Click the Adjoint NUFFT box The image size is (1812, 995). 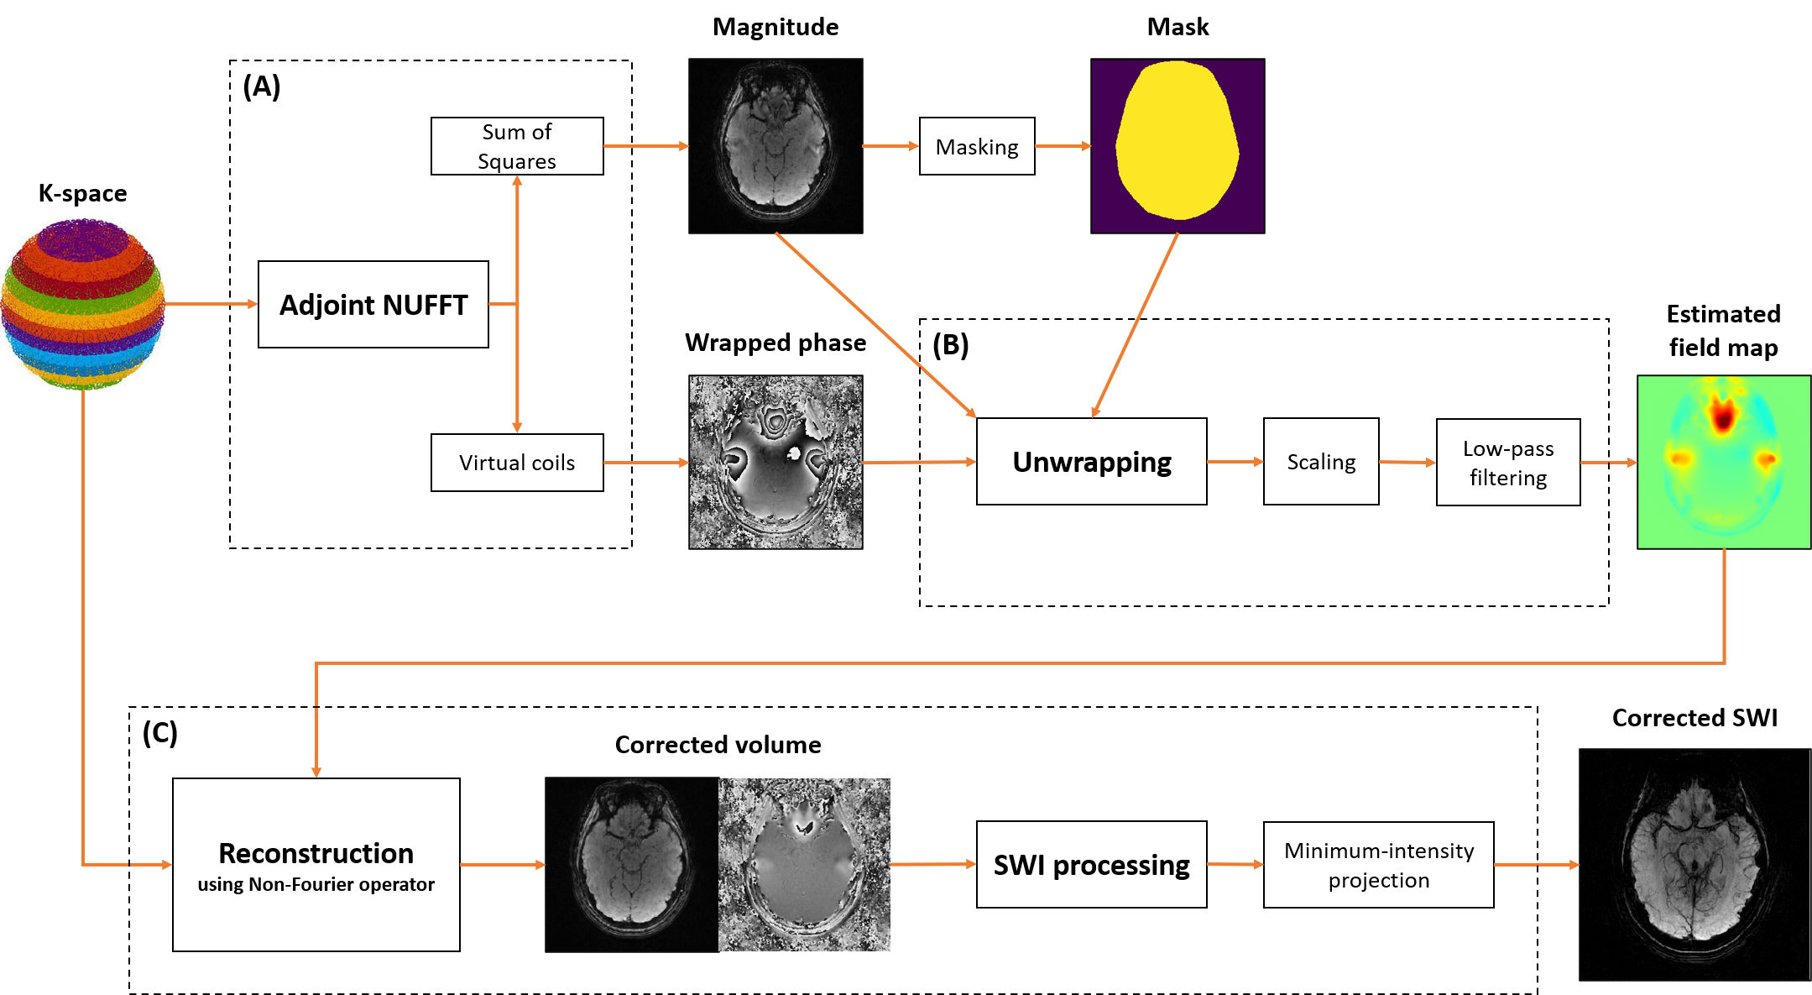click(373, 304)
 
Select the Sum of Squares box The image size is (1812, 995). click(517, 146)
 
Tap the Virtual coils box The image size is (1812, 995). click(517, 463)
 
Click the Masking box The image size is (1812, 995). click(977, 147)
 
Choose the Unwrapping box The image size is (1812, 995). click(1091, 462)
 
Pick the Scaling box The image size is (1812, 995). click(1321, 462)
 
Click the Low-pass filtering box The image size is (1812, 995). click(1508, 463)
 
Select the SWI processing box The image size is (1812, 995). click(1091, 865)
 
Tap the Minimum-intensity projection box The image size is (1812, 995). click(1378, 865)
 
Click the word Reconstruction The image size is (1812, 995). click(316, 853)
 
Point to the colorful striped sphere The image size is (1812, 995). click(82, 304)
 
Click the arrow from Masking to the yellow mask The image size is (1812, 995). click(1063, 146)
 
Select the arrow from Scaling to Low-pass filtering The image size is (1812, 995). click(1407, 462)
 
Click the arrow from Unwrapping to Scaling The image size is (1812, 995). click(1235, 462)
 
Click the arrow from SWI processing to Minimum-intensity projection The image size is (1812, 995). click(1235, 864)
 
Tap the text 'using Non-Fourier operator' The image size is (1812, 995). click(316, 884)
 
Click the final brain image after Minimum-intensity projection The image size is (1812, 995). click(1694, 865)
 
